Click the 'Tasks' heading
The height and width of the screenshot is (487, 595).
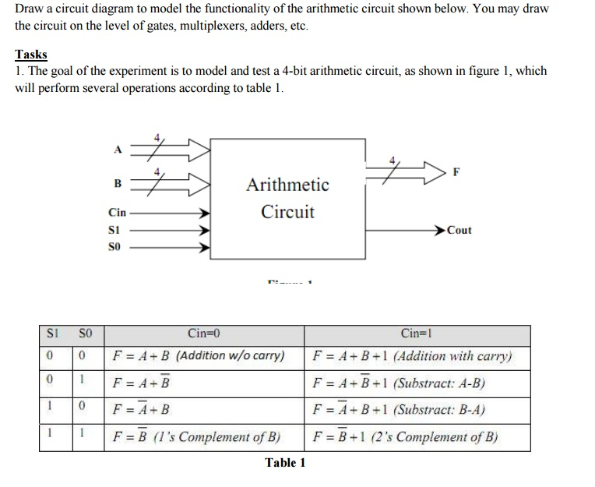point(31,55)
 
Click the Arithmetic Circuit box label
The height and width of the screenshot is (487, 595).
point(287,198)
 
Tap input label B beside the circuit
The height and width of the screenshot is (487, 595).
point(118,185)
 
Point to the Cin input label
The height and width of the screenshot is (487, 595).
point(117,213)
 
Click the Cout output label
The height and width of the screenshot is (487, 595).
point(459,230)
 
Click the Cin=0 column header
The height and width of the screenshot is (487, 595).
point(204,334)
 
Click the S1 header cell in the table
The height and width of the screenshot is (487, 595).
point(49,334)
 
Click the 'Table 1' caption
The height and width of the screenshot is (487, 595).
point(285,463)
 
